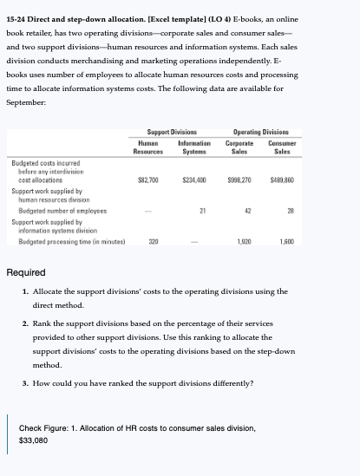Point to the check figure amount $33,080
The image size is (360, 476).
click(34, 440)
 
